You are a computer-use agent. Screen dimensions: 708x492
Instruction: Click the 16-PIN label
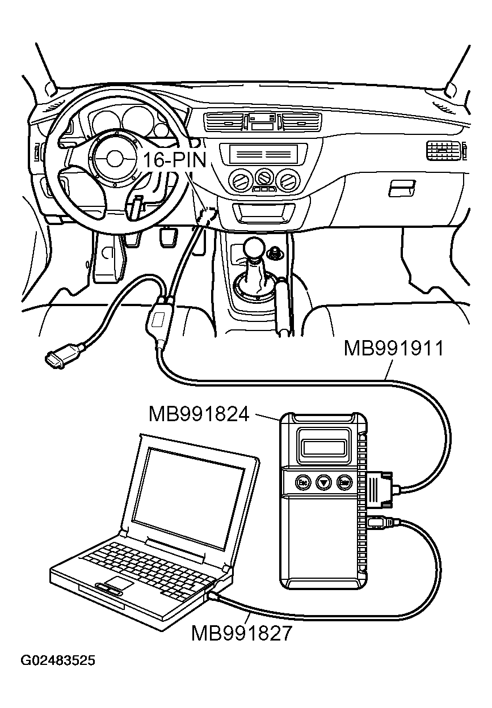click(174, 160)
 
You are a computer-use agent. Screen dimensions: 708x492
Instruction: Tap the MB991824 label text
click(199, 414)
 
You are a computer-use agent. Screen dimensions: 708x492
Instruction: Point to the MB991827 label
click(242, 633)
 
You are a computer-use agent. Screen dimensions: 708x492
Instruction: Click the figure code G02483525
click(58, 661)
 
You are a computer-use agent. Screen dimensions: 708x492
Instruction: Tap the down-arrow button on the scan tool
click(322, 482)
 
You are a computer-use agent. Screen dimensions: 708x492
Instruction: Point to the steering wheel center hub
click(115, 158)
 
